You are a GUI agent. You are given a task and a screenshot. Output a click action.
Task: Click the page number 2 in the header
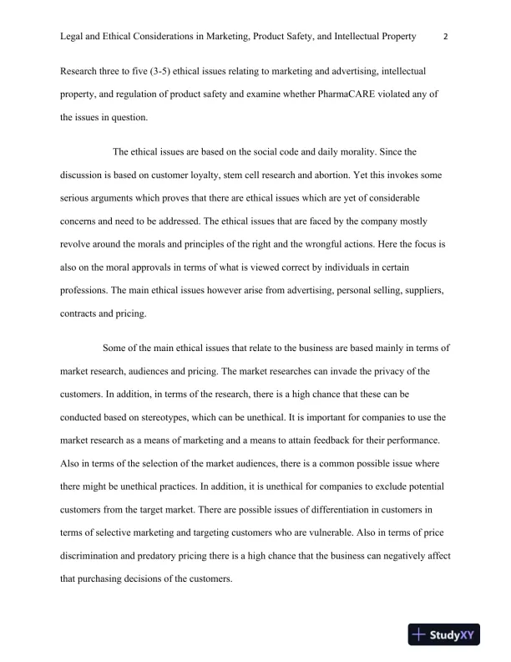click(446, 37)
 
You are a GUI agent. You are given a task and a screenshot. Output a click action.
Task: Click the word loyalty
click(230, 176)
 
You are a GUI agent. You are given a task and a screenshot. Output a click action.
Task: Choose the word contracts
click(82, 316)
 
